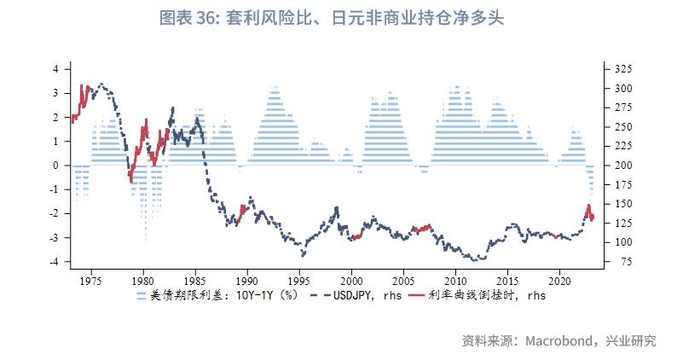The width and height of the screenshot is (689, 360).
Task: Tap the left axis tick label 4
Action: pyautogui.click(x=55, y=69)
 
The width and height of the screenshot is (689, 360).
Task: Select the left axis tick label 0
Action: pyautogui.click(x=55, y=165)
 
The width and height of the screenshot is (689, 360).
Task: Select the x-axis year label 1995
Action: pyautogui.click(x=299, y=280)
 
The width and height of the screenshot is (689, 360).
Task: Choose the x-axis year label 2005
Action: pyautogui.click(x=403, y=280)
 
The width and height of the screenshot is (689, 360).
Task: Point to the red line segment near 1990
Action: pyautogui.click(x=244, y=210)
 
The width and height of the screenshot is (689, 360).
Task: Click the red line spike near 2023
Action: pyautogui.click(x=588, y=209)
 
